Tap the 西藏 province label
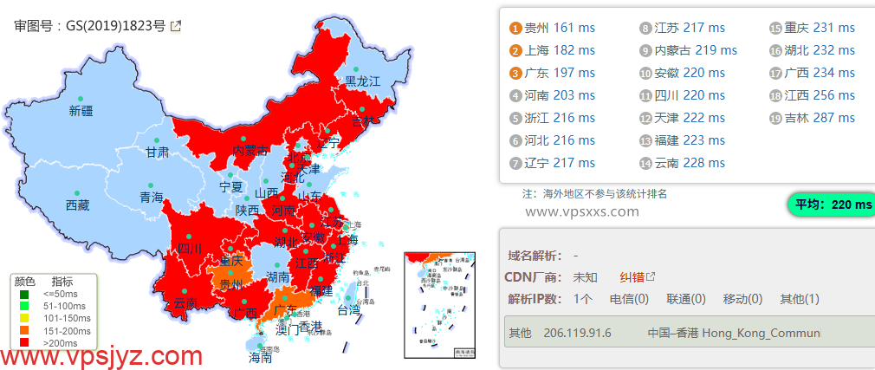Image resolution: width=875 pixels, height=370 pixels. (x=77, y=205)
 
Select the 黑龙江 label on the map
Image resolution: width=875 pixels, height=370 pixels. (x=363, y=81)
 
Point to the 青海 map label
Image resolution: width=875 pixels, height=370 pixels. (x=152, y=197)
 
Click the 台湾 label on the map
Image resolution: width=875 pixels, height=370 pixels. (x=347, y=309)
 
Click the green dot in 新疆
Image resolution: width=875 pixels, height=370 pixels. (x=81, y=98)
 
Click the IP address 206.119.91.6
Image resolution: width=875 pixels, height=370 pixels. (x=577, y=333)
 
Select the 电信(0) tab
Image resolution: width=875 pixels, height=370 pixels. (x=629, y=299)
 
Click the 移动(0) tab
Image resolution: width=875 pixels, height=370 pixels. (x=742, y=299)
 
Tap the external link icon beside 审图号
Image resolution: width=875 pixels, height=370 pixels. (x=176, y=26)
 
